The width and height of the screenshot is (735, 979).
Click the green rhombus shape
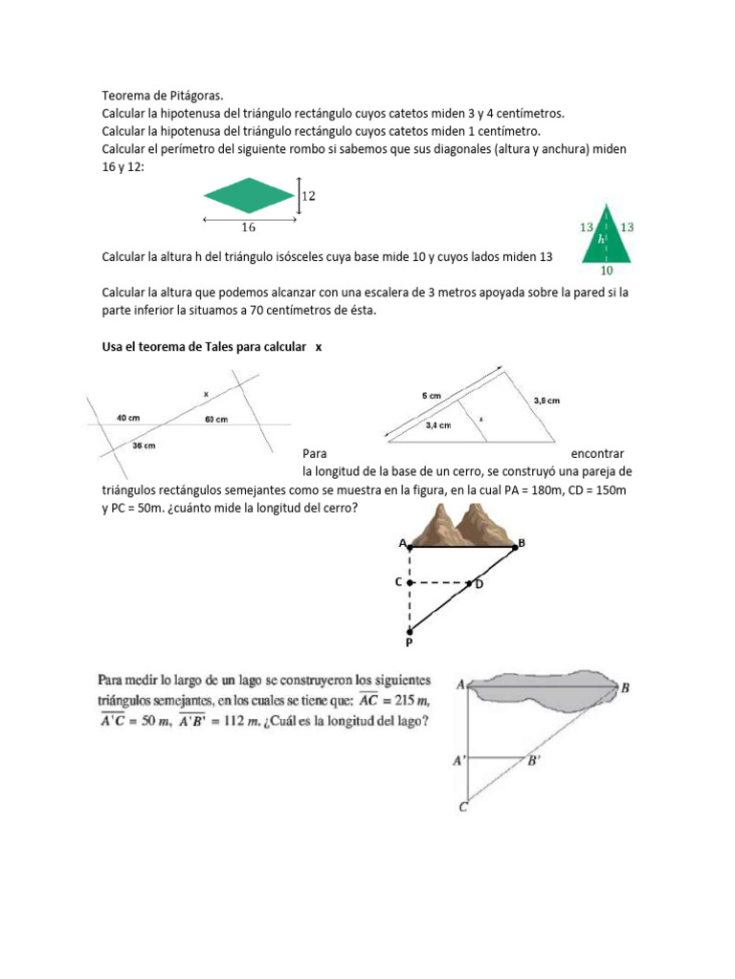(x=248, y=195)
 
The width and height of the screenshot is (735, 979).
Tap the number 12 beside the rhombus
(x=308, y=195)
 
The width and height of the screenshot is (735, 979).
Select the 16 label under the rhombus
(x=248, y=228)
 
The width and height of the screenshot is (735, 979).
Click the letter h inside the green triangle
(x=601, y=240)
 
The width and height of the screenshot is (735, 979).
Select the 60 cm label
(x=215, y=419)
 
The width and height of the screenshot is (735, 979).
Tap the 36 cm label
(x=144, y=446)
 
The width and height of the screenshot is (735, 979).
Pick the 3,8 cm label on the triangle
(x=546, y=401)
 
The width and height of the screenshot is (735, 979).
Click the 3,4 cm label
(x=440, y=426)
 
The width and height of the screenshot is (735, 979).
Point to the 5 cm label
(x=432, y=395)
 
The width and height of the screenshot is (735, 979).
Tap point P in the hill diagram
(x=410, y=642)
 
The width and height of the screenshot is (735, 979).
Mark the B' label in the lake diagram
(x=533, y=761)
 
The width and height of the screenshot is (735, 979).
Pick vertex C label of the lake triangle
(x=462, y=808)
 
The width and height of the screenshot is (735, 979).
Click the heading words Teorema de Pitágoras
(x=160, y=96)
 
